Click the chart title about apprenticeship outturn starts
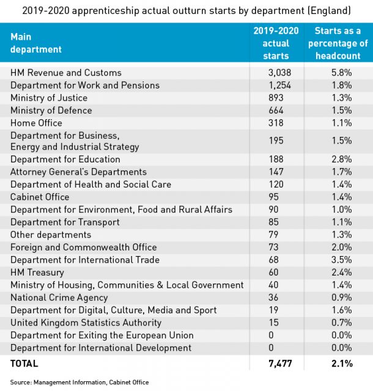click(186, 11)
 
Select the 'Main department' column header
click(36, 43)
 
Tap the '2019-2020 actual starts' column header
click(276, 43)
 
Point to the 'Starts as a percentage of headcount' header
click(338, 43)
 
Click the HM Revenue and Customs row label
click(66, 73)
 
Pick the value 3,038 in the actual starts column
click(279, 73)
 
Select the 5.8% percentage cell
click(342, 73)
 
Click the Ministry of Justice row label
click(49, 98)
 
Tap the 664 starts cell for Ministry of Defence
click(276, 110)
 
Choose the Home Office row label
click(36, 123)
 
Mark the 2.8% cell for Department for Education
click(342, 159)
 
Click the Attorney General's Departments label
click(78, 172)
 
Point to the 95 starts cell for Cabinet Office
click(273, 197)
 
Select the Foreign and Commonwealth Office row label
click(84, 247)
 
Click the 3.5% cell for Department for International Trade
click(342, 260)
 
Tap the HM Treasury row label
click(37, 272)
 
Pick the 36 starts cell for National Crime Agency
click(273, 298)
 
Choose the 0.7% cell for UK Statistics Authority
click(342, 323)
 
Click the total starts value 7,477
click(280, 364)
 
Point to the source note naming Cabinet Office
click(79, 382)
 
